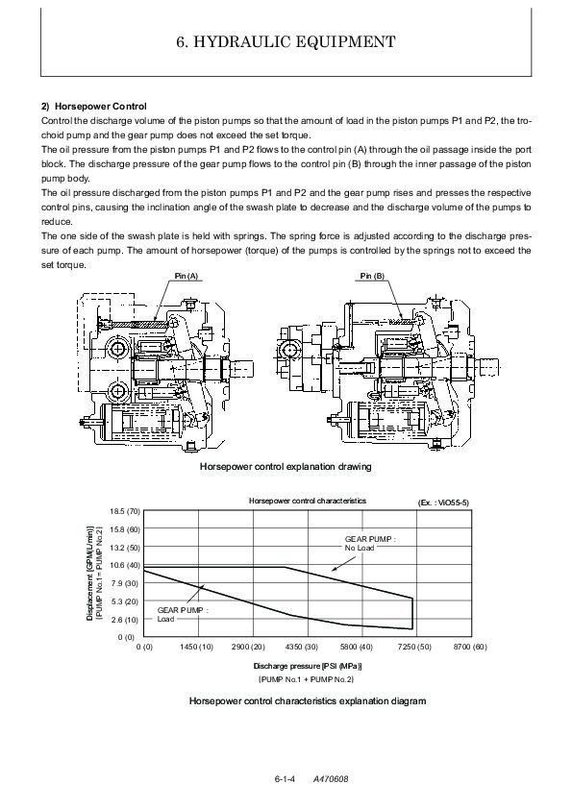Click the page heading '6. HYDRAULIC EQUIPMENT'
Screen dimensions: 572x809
click(286, 41)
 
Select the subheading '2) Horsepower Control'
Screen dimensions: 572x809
click(94, 107)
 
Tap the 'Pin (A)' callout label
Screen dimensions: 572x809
click(187, 276)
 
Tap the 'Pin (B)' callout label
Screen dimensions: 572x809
click(372, 276)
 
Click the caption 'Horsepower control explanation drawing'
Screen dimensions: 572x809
click(286, 466)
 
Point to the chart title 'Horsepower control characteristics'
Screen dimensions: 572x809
click(308, 501)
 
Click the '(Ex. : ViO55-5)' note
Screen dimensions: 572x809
click(443, 503)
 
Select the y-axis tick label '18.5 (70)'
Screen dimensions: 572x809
click(125, 511)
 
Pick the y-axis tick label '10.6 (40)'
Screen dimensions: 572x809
click(125, 566)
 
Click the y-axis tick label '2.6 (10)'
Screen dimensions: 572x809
click(125, 620)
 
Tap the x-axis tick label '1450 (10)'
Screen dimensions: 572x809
click(197, 647)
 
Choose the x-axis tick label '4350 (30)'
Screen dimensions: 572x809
click(302, 647)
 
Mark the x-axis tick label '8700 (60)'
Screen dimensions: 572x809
click(470, 647)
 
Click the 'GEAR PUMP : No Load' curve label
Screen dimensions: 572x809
click(370, 543)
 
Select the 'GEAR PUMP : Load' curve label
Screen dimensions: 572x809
click(183, 615)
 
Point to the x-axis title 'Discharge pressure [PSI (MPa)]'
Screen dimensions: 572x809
click(308, 666)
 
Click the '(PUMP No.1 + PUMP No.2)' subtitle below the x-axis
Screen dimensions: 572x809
click(306, 679)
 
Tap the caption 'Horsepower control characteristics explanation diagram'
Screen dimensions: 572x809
click(308, 701)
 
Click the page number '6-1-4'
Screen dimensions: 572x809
click(285, 779)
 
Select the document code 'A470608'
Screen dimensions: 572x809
click(331, 779)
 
